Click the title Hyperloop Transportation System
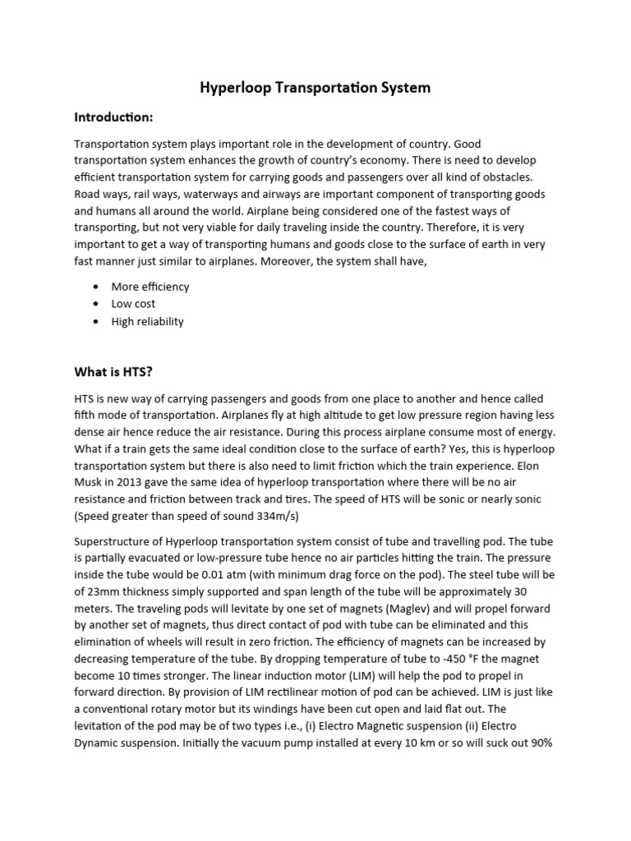(315, 87)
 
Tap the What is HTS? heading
(114, 372)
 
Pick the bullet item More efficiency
(150, 287)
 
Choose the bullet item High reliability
(148, 321)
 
